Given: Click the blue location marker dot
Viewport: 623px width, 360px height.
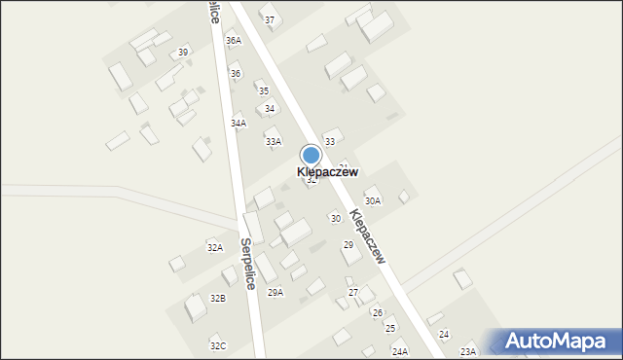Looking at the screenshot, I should [x=311, y=156].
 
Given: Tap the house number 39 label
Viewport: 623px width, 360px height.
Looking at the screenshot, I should [x=183, y=52].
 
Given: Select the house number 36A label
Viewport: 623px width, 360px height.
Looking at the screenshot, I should [x=233, y=41].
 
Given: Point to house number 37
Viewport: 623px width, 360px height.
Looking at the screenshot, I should [x=270, y=20].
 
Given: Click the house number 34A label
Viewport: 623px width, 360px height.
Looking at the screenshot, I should [x=238, y=124].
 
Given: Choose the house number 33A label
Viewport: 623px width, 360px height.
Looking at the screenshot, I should [x=274, y=141].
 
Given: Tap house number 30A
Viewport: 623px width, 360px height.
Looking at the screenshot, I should [x=373, y=200].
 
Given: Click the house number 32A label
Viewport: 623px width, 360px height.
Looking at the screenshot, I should [x=215, y=248].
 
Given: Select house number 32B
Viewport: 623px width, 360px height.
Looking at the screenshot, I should [x=218, y=299].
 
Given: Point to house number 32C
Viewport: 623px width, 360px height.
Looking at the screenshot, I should [x=218, y=345].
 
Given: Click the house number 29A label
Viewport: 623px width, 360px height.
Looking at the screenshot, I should [x=275, y=292].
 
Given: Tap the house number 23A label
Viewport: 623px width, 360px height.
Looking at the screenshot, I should [x=468, y=351].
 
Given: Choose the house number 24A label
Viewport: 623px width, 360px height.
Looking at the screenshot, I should [x=400, y=351].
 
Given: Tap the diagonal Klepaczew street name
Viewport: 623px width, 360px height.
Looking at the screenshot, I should [x=368, y=234].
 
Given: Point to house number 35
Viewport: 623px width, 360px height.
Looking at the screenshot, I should [x=264, y=90].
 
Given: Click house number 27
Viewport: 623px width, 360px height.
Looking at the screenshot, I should [x=353, y=293].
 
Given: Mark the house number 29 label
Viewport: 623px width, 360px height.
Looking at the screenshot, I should [x=348, y=245].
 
